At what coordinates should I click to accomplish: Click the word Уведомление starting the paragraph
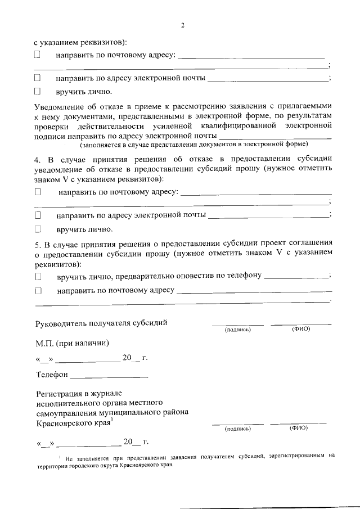tap(62, 106)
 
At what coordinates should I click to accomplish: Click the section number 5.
tap(37, 244)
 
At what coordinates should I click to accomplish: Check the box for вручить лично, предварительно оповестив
tap(38, 276)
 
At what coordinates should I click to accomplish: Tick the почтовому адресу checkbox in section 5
tap(38, 291)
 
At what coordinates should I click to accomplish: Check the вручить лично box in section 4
tap(38, 229)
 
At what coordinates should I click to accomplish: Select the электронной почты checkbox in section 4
tap(38, 215)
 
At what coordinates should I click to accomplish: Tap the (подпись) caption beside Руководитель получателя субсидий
tap(237, 330)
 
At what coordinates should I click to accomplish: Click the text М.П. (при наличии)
tap(72, 343)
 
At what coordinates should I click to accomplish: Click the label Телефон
tap(52, 374)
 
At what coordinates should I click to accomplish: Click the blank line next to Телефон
tap(109, 375)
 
